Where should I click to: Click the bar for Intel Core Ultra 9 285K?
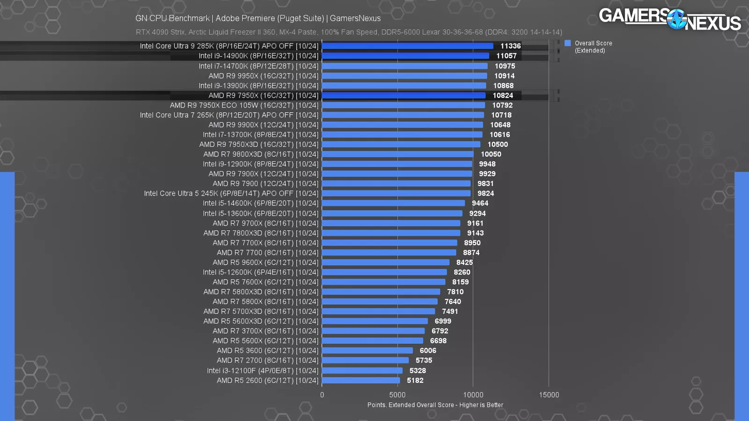coord(407,46)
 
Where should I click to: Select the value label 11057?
coord(507,56)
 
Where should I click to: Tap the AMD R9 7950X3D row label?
coord(259,145)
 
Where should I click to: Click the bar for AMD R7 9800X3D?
coord(398,154)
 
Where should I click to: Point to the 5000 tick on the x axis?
coord(397,395)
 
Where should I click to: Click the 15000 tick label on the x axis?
coord(549,395)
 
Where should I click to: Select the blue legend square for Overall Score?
coord(568,43)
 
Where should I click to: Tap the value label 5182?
coord(415,380)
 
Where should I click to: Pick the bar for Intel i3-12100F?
coord(362,370)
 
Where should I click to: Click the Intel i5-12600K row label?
coord(260,272)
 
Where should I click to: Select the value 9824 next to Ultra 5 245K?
coord(485,193)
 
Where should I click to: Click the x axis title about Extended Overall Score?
coord(435,405)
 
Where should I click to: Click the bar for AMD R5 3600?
coord(367,350)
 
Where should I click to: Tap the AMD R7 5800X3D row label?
coord(261,292)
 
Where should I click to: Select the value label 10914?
coord(504,76)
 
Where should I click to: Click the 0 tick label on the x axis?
coord(322,395)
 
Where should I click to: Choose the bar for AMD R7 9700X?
coord(391,223)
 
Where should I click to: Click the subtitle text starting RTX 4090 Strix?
coord(349,32)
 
